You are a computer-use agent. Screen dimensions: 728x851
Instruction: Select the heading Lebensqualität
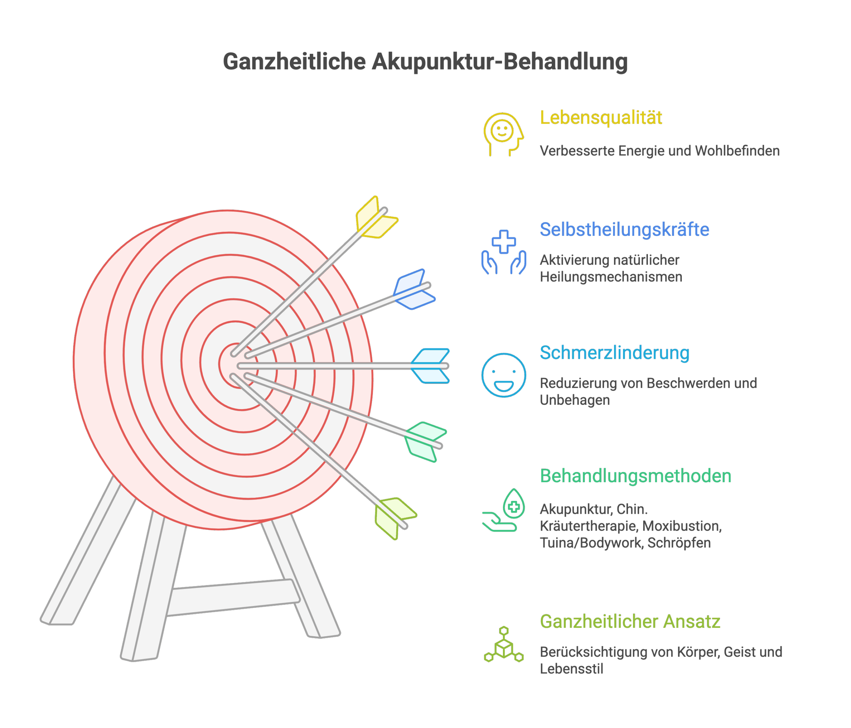(600, 118)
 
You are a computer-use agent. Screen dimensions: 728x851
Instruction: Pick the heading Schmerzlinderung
(614, 353)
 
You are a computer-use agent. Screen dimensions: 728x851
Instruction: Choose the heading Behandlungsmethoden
(635, 476)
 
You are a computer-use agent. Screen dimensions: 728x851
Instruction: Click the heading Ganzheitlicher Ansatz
(630, 621)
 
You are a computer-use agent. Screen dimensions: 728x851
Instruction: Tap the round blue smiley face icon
(504, 375)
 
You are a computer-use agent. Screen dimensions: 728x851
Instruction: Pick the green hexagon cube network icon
(504, 645)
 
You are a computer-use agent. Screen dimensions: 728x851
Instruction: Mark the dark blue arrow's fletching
(413, 289)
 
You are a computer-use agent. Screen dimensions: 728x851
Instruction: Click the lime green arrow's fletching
(394, 517)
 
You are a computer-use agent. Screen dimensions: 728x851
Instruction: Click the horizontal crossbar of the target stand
(232, 598)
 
